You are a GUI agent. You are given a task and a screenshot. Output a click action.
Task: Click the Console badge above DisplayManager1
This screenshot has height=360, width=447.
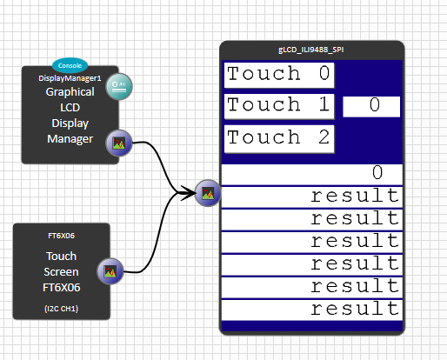[x=70, y=65]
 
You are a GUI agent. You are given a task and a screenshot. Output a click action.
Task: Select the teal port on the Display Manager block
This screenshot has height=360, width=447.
[x=119, y=86]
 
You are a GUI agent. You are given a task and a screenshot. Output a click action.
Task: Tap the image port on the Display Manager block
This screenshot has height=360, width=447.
[x=119, y=143]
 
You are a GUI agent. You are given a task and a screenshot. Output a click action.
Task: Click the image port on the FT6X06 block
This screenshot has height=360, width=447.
[x=110, y=271]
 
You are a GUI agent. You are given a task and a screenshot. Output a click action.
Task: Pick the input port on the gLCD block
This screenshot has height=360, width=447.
[x=208, y=193]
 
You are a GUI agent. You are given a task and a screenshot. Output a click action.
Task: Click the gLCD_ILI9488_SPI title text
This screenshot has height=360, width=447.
[x=311, y=50]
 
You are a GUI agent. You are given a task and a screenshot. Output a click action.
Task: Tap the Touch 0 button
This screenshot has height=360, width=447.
[x=279, y=75]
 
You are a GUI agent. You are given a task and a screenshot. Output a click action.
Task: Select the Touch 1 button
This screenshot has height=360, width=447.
[x=279, y=106]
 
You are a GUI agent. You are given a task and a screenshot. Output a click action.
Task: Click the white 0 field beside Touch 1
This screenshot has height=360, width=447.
[x=371, y=107]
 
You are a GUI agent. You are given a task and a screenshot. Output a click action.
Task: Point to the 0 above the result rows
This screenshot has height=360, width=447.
[x=377, y=173]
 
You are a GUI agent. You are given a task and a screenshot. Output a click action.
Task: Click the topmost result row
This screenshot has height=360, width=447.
[x=312, y=197]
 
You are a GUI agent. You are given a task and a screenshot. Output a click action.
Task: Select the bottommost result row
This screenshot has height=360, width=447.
[x=312, y=310]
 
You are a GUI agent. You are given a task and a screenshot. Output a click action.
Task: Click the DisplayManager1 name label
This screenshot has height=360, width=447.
[x=70, y=78]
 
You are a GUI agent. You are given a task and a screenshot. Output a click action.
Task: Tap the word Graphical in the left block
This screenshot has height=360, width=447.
[x=70, y=92]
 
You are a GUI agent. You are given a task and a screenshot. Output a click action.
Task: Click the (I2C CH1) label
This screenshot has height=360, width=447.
[x=62, y=309]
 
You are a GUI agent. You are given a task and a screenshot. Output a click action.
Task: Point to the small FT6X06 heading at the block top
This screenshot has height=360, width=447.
[x=62, y=236]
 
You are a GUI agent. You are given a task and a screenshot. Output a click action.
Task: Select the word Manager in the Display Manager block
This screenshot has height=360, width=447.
[x=70, y=139]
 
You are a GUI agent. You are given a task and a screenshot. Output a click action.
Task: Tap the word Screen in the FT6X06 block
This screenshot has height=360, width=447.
[x=62, y=272]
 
